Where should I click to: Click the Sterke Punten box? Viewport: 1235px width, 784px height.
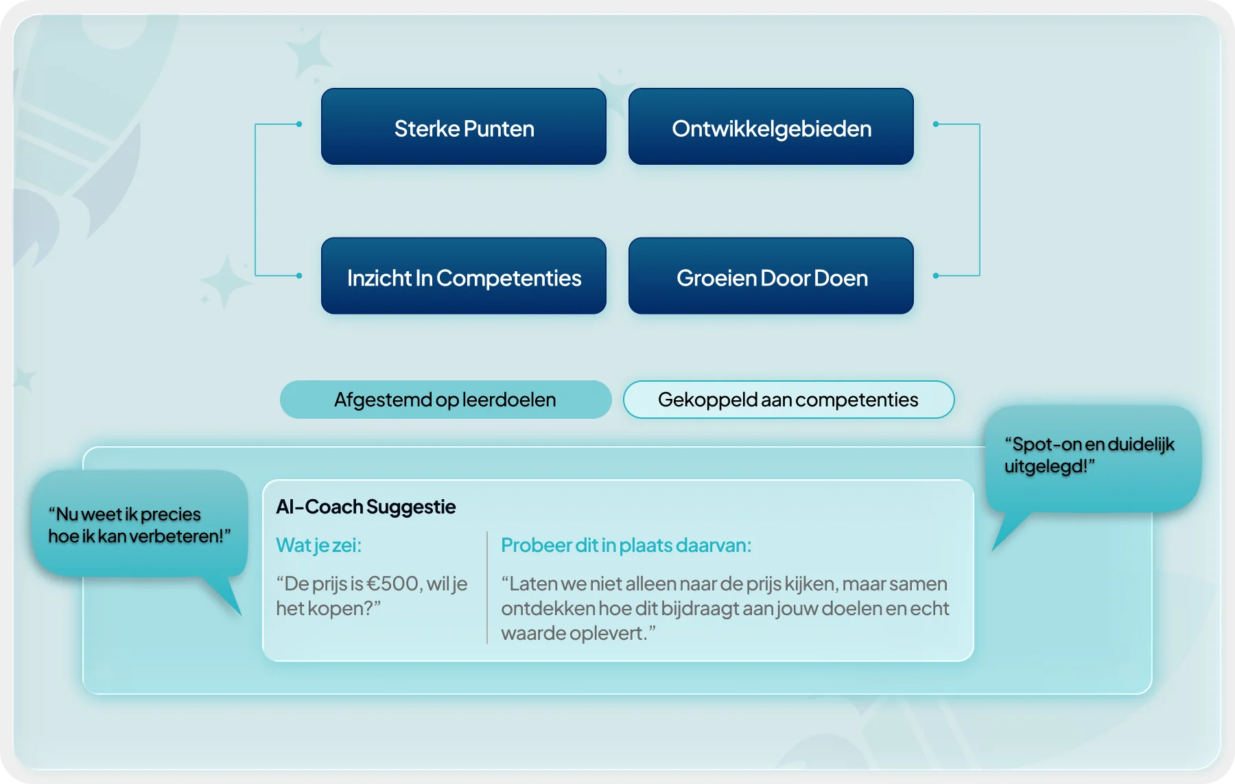tap(464, 126)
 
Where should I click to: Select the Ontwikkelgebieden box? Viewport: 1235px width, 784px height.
tap(771, 126)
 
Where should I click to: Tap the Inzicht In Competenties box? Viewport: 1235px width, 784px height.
tap(464, 276)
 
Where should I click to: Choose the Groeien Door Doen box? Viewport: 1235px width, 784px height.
tap(771, 276)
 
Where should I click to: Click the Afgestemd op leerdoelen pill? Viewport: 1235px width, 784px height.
tap(446, 400)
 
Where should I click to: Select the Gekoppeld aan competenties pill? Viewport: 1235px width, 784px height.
tap(789, 400)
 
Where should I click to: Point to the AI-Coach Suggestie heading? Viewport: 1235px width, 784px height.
tap(366, 507)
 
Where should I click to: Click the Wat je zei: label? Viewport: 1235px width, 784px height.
tap(318, 545)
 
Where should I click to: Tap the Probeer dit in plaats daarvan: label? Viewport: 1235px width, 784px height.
tap(626, 545)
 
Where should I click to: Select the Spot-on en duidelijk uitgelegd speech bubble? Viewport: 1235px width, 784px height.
tap(1093, 459)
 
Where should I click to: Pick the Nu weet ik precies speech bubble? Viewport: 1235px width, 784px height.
tap(140, 524)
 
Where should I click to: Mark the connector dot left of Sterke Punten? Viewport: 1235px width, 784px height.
tap(299, 124)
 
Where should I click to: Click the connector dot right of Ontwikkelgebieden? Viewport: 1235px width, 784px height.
tap(936, 124)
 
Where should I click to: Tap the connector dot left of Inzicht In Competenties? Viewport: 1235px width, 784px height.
tap(299, 275)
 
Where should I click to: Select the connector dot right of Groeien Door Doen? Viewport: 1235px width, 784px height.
tap(936, 275)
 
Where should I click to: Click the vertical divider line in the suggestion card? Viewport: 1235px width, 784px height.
tap(487, 588)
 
